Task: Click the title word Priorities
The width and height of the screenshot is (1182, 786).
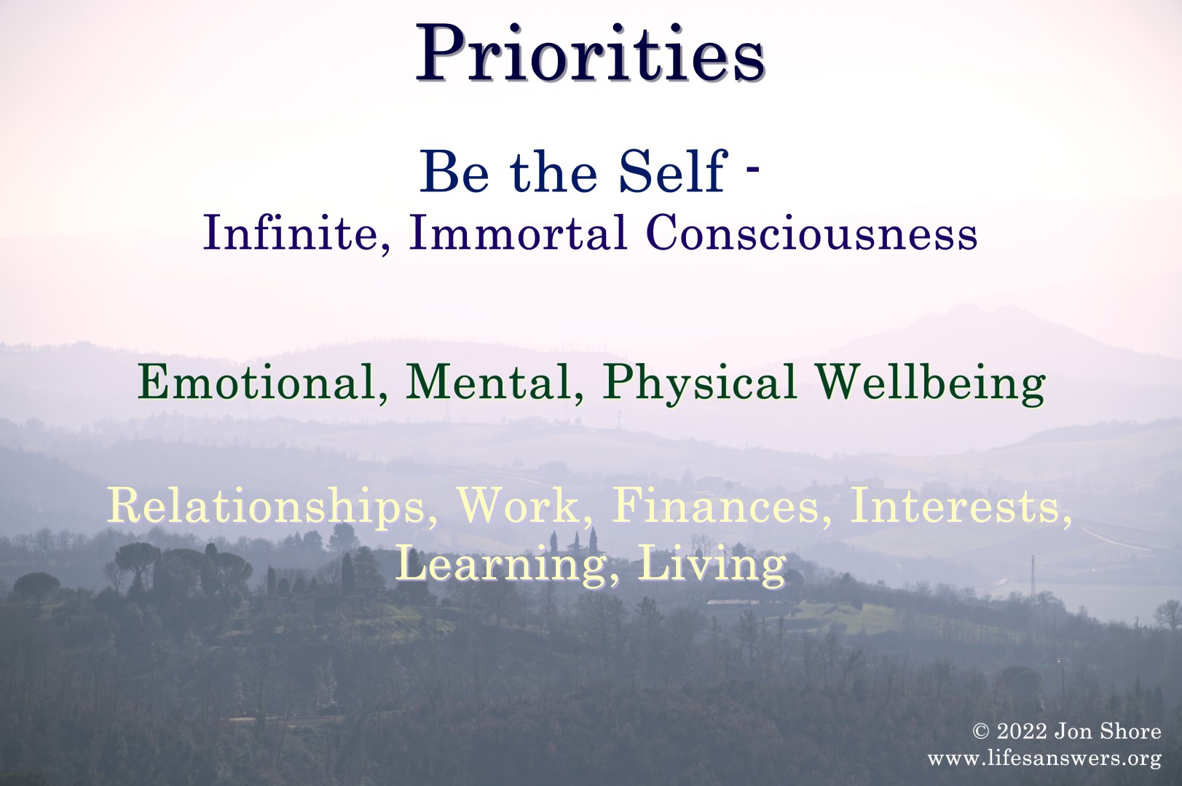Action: [x=591, y=52]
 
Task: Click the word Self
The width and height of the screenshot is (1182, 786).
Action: [x=673, y=172]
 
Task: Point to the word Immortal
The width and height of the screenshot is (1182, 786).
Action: [x=518, y=232]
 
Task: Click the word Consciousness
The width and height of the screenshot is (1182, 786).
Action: [x=812, y=232]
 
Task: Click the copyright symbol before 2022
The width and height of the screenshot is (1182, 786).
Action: [x=982, y=732]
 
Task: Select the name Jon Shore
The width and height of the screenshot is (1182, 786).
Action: [x=1108, y=731]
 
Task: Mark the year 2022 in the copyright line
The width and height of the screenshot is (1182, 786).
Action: [x=1022, y=732]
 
